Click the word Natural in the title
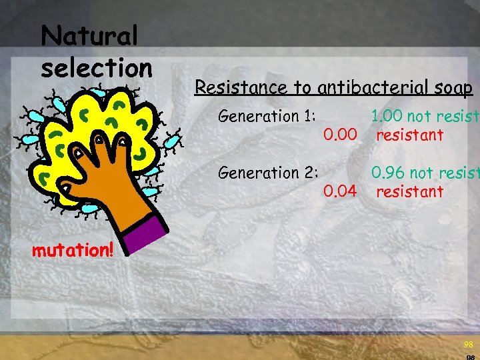coord(89,37)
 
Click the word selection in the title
coord(97,67)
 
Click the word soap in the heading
coord(455,87)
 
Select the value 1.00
coord(387,117)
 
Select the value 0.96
coord(388,173)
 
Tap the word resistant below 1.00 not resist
coord(409,136)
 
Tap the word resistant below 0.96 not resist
coord(409,193)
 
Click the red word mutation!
coord(73,251)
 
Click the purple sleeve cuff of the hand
coord(145,233)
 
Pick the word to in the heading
coord(303,87)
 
